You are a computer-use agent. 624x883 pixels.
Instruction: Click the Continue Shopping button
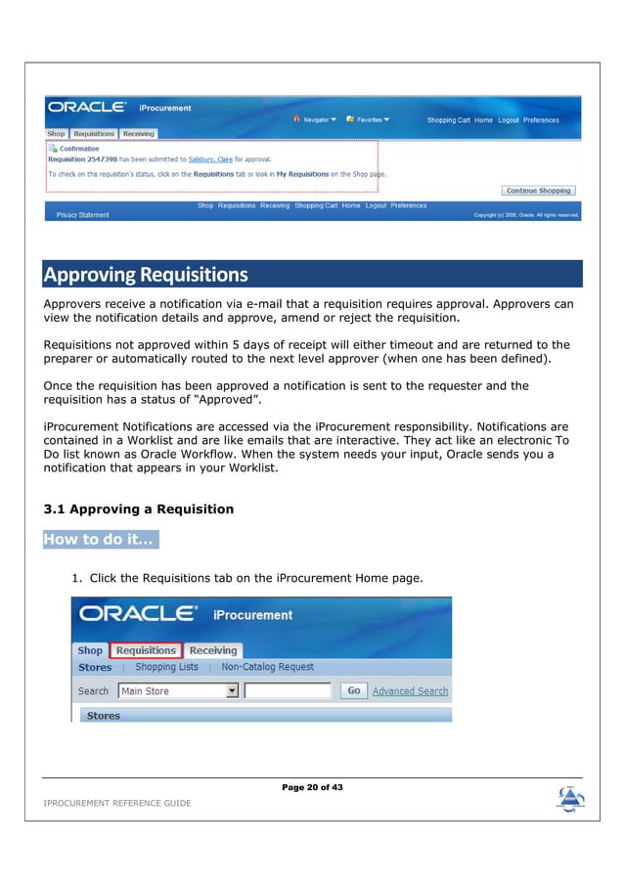(539, 191)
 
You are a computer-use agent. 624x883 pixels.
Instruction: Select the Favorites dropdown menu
(372, 119)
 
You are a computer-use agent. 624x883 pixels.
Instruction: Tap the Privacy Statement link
(83, 215)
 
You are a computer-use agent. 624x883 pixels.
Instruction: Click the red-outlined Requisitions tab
(145, 650)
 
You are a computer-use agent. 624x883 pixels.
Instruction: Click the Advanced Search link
(410, 690)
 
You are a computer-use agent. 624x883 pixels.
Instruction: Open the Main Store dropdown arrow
(232, 690)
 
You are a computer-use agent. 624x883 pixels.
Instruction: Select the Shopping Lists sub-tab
(166, 667)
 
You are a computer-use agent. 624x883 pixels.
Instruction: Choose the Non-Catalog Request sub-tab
(267, 667)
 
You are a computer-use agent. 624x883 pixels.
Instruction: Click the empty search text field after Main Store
(288, 690)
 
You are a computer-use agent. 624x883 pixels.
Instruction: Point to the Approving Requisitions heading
(145, 274)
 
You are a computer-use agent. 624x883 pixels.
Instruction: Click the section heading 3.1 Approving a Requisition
(139, 509)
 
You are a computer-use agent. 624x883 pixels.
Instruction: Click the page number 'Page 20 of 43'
(312, 787)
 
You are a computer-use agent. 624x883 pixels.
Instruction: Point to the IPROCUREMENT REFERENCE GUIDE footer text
(117, 803)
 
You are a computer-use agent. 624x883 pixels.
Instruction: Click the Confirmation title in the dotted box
(78, 149)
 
